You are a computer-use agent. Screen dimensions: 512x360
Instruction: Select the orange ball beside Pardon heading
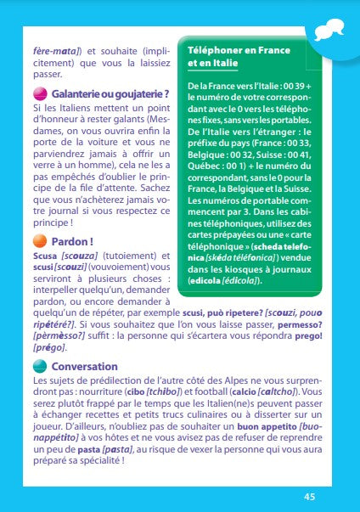(41, 241)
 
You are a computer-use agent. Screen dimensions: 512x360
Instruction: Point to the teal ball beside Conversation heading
(41, 366)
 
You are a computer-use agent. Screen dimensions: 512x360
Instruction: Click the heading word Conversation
(84, 366)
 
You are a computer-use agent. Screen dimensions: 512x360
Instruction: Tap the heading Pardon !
(71, 241)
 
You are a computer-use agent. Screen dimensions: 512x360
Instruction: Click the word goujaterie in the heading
(139, 93)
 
